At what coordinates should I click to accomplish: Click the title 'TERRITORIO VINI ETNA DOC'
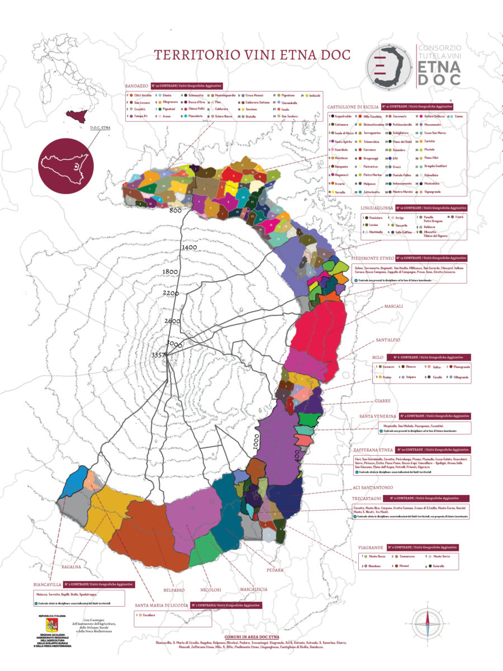tap(244, 55)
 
